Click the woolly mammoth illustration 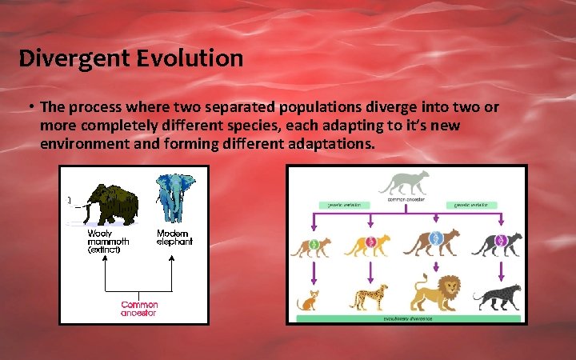[113, 205]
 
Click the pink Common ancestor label [139, 309]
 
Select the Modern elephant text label [174, 238]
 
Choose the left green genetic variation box [345, 205]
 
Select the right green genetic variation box [473, 205]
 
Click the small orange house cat [308, 301]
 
